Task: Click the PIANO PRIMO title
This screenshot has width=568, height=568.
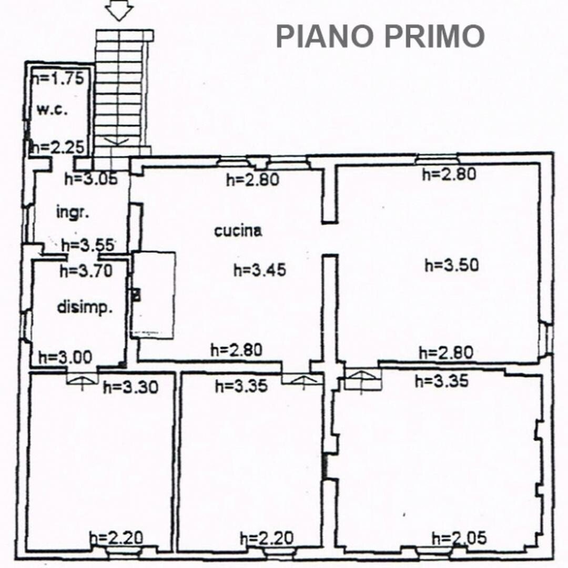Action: click(380, 36)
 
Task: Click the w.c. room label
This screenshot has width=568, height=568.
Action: click(52, 109)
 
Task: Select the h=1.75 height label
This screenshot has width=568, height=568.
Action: click(58, 78)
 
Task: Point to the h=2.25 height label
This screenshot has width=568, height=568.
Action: click(58, 147)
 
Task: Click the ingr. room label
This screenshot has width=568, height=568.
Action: click(73, 212)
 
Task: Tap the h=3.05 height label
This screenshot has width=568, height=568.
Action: click(91, 179)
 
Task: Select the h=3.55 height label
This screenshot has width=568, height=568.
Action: click(88, 245)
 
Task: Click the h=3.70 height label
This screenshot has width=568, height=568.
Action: click(86, 271)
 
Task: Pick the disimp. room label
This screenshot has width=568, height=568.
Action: click(84, 308)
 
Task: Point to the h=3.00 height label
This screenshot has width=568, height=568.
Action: click(65, 358)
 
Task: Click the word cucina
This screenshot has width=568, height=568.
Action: click(238, 231)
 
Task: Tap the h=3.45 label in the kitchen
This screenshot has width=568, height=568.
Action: click(260, 270)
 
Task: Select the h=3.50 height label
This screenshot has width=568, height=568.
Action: click(452, 265)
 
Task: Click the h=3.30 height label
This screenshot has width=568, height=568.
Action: click(131, 388)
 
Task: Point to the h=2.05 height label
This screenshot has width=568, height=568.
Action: click(459, 539)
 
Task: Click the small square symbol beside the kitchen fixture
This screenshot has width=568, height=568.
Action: click(136, 295)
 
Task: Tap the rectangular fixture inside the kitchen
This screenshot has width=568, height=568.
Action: click(154, 295)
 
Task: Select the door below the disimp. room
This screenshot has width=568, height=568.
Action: click(82, 378)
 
